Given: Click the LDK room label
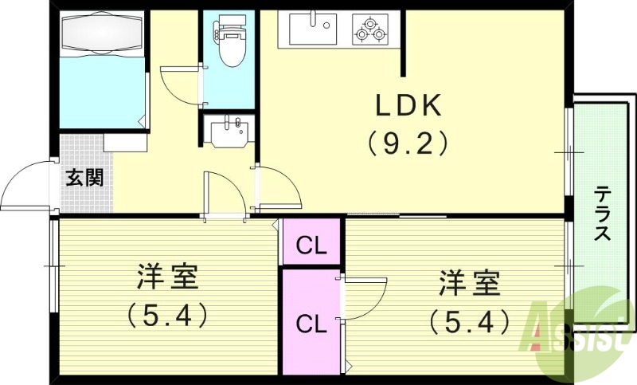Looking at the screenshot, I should click(x=408, y=107).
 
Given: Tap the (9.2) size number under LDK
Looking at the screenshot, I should click(x=408, y=143).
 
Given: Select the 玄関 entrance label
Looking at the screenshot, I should click(x=84, y=177).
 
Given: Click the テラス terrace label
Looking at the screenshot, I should click(x=603, y=214).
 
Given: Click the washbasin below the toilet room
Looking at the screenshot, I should click(x=230, y=130).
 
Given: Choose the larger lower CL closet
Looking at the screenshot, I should click(x=311, y=324).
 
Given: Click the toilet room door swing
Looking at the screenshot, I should click(x=182, y=86).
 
